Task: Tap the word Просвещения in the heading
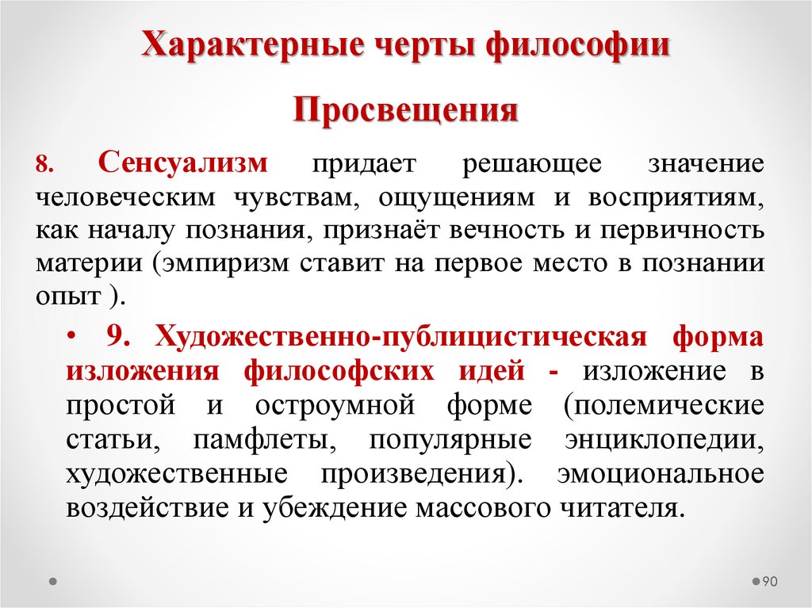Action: (406, 110)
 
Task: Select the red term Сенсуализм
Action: (184, 164)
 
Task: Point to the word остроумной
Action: (335, 404)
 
